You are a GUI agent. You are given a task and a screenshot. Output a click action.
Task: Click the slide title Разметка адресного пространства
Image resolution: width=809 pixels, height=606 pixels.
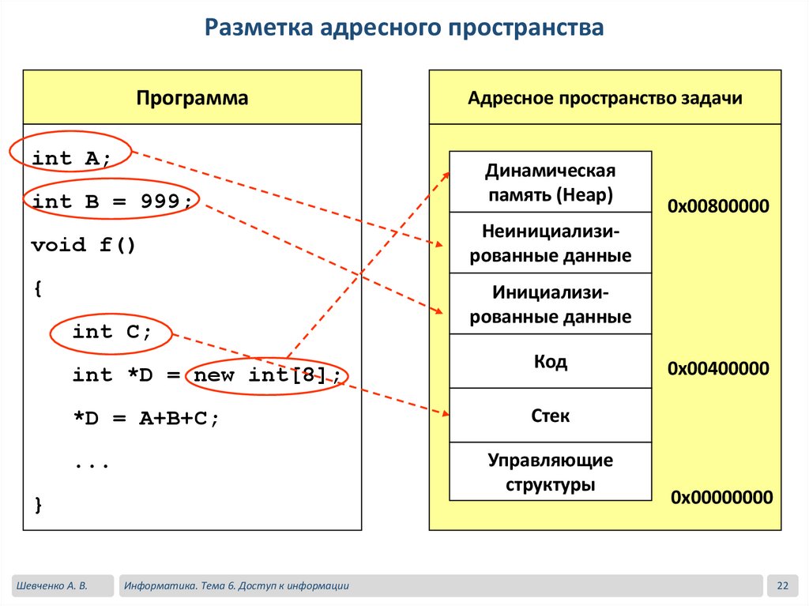[404, 28]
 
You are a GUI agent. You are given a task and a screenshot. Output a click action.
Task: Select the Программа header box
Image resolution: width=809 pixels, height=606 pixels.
[192, 98]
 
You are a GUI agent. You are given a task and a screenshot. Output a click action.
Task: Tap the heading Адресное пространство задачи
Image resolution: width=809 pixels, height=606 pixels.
[604, 98]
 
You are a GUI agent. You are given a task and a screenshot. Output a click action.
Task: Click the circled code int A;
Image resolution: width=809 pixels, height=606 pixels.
[71, 158]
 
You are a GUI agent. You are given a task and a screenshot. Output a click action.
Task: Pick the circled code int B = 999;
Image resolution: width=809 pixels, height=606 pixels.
[111, 201]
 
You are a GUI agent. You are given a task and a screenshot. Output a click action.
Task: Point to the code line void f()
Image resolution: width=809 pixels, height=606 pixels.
[84, 245]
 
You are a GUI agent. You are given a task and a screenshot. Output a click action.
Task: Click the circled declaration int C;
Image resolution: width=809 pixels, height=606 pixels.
[111, 332]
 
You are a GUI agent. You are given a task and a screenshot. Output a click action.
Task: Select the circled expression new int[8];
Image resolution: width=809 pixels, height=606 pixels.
[268, 375]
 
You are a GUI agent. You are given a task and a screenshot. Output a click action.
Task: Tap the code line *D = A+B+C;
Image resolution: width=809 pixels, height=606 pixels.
[145, 419]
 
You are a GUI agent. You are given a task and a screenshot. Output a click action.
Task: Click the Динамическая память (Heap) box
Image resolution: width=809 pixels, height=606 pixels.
[550, 183]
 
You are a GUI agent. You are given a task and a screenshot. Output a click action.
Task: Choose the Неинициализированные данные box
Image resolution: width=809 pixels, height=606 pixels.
[550, 243]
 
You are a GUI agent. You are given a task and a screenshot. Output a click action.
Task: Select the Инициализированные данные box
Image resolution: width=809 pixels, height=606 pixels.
[550, 304]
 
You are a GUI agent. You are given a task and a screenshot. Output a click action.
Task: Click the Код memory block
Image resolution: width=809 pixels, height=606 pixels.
[550, 362]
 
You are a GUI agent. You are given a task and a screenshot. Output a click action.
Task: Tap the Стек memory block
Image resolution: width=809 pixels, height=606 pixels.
[550, 416]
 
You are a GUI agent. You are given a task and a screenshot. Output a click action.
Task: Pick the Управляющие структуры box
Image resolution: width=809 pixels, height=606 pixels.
[550, 472]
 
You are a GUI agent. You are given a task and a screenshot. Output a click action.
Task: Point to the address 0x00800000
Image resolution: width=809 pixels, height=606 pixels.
[718, 206]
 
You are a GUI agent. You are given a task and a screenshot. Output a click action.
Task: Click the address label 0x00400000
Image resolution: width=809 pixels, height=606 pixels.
[718, 368]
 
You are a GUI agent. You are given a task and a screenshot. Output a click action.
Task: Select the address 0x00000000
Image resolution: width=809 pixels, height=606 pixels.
[721, 497]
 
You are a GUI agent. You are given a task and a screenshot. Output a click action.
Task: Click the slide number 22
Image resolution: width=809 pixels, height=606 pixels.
[783, 585]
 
